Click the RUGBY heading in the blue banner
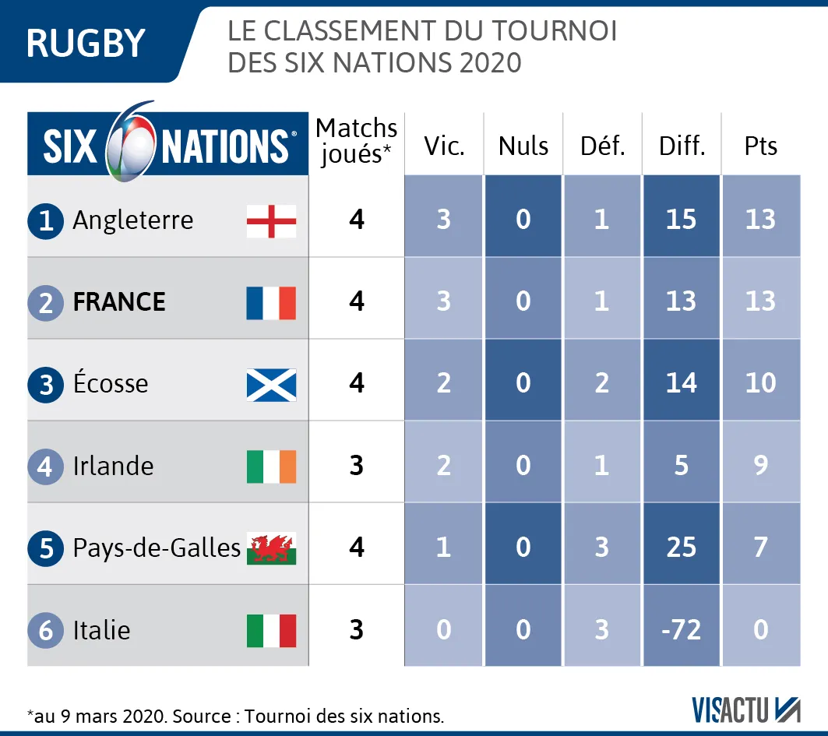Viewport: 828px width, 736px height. (x=86, y=43)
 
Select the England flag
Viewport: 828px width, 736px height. (x=271, y=220)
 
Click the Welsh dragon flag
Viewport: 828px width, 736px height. (x=271, y=548)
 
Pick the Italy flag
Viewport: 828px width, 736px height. (x=271, y=630)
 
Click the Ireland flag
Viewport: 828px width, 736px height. (x=271, y=467)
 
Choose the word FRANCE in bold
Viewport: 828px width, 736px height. (x=119, y=302)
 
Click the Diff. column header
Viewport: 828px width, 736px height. (x=682, y=146)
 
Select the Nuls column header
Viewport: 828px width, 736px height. (x=523, y=146)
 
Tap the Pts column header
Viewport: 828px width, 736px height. (x=760, y=146)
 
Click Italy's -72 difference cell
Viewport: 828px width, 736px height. (x=682, y=629)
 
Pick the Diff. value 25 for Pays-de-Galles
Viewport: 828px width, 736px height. (x=682, y=548)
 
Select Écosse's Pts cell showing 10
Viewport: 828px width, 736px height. (x=760, y=383)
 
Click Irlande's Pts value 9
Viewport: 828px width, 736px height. (x=760, y=466)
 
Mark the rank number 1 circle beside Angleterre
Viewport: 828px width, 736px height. (x=46, y=221)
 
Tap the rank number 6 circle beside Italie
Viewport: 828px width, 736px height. (x=46, y=630)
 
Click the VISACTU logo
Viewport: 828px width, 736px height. (x=746, y=709)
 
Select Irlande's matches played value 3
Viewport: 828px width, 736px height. (x=357, y=466)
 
